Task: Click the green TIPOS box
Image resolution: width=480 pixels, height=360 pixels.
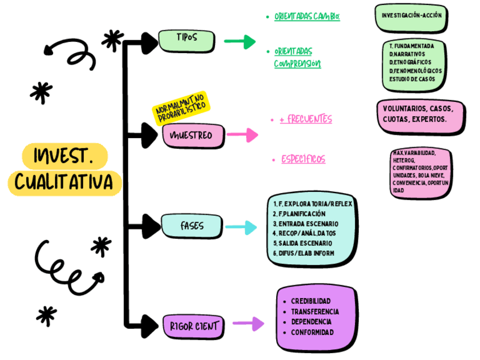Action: point(186,38)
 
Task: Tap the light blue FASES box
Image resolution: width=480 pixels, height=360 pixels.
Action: point(191,226)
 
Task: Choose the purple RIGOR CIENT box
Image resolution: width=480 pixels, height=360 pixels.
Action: point(193,325)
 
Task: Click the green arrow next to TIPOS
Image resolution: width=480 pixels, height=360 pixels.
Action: point(240,41)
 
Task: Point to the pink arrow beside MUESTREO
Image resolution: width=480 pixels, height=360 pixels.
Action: point(242,135)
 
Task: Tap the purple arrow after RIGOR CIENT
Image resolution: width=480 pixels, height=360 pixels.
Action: point(248,324)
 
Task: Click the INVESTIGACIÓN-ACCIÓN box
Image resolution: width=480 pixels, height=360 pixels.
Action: point(412,16)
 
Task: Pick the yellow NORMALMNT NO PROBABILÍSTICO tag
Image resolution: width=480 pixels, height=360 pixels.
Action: point(181,108)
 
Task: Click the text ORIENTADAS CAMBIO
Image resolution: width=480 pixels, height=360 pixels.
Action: point(307,17)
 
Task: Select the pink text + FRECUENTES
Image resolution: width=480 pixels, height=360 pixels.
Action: point(306,119)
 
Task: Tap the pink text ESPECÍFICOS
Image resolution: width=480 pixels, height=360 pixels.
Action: point(303,160)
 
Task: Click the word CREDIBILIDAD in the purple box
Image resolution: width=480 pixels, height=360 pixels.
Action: point(310,301)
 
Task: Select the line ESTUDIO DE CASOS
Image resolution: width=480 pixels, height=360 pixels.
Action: point(412,79)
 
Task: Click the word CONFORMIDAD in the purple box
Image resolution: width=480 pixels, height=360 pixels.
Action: point(312,332)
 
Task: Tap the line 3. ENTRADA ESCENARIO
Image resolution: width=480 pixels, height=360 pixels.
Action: point(305,223)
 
